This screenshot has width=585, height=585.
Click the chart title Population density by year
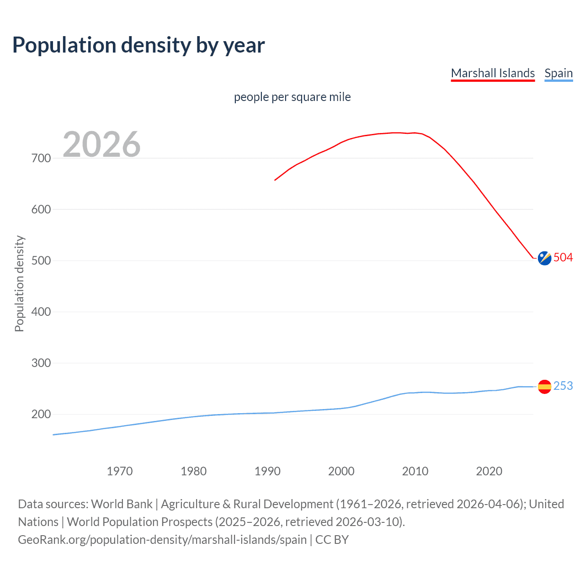138,45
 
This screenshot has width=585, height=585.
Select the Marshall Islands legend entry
493,73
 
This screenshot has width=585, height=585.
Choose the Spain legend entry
558,73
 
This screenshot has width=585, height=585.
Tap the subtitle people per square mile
292,97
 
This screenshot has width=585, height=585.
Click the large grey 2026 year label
101,144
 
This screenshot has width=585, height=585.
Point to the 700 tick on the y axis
41,158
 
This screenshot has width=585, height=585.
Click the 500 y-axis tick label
41,261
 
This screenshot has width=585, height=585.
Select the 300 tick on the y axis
41,363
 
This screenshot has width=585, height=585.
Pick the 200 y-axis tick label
41,414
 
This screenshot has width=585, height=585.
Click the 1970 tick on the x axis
120,471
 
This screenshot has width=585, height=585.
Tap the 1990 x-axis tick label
267,471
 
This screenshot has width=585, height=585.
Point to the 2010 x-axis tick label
415,471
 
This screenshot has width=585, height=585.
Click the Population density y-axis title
19,283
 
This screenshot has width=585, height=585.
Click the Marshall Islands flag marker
544,258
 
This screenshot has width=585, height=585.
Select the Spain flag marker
544,387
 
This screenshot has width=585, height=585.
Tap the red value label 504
563,257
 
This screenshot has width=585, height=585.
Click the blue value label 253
563,386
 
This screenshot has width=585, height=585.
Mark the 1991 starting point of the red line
275,180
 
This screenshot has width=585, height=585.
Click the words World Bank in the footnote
122,504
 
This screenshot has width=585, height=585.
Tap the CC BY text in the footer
332,539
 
